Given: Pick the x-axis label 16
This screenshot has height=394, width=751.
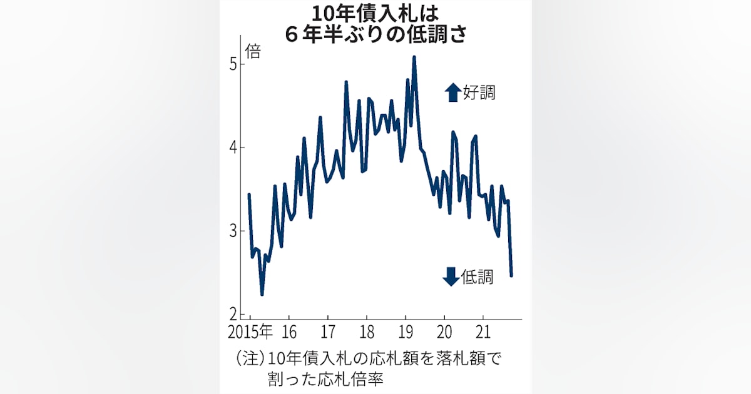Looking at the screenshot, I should click(x=289, y=331).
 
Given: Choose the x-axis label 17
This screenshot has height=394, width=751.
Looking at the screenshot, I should click(x=328, y=331).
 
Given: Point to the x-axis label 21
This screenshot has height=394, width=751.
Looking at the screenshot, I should click(x=483, y=331).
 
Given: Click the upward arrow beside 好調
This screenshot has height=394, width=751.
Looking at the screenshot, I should click(x=452, y=93).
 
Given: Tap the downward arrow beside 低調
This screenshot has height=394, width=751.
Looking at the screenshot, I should click(x=451, y=276).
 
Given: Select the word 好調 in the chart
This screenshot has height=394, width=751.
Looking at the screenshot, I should click(x=479, y=93).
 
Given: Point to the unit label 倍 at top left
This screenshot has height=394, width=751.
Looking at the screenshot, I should click(x=253, y=51).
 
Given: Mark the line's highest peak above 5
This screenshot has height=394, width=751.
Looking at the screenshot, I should click(x=414, y=57).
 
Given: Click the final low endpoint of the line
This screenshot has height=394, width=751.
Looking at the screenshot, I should click(x=511, y=275).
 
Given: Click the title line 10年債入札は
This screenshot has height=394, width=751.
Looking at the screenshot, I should click(x=375, y=13).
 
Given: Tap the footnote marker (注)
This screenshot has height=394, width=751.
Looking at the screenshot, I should click(x=250, y=359).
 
